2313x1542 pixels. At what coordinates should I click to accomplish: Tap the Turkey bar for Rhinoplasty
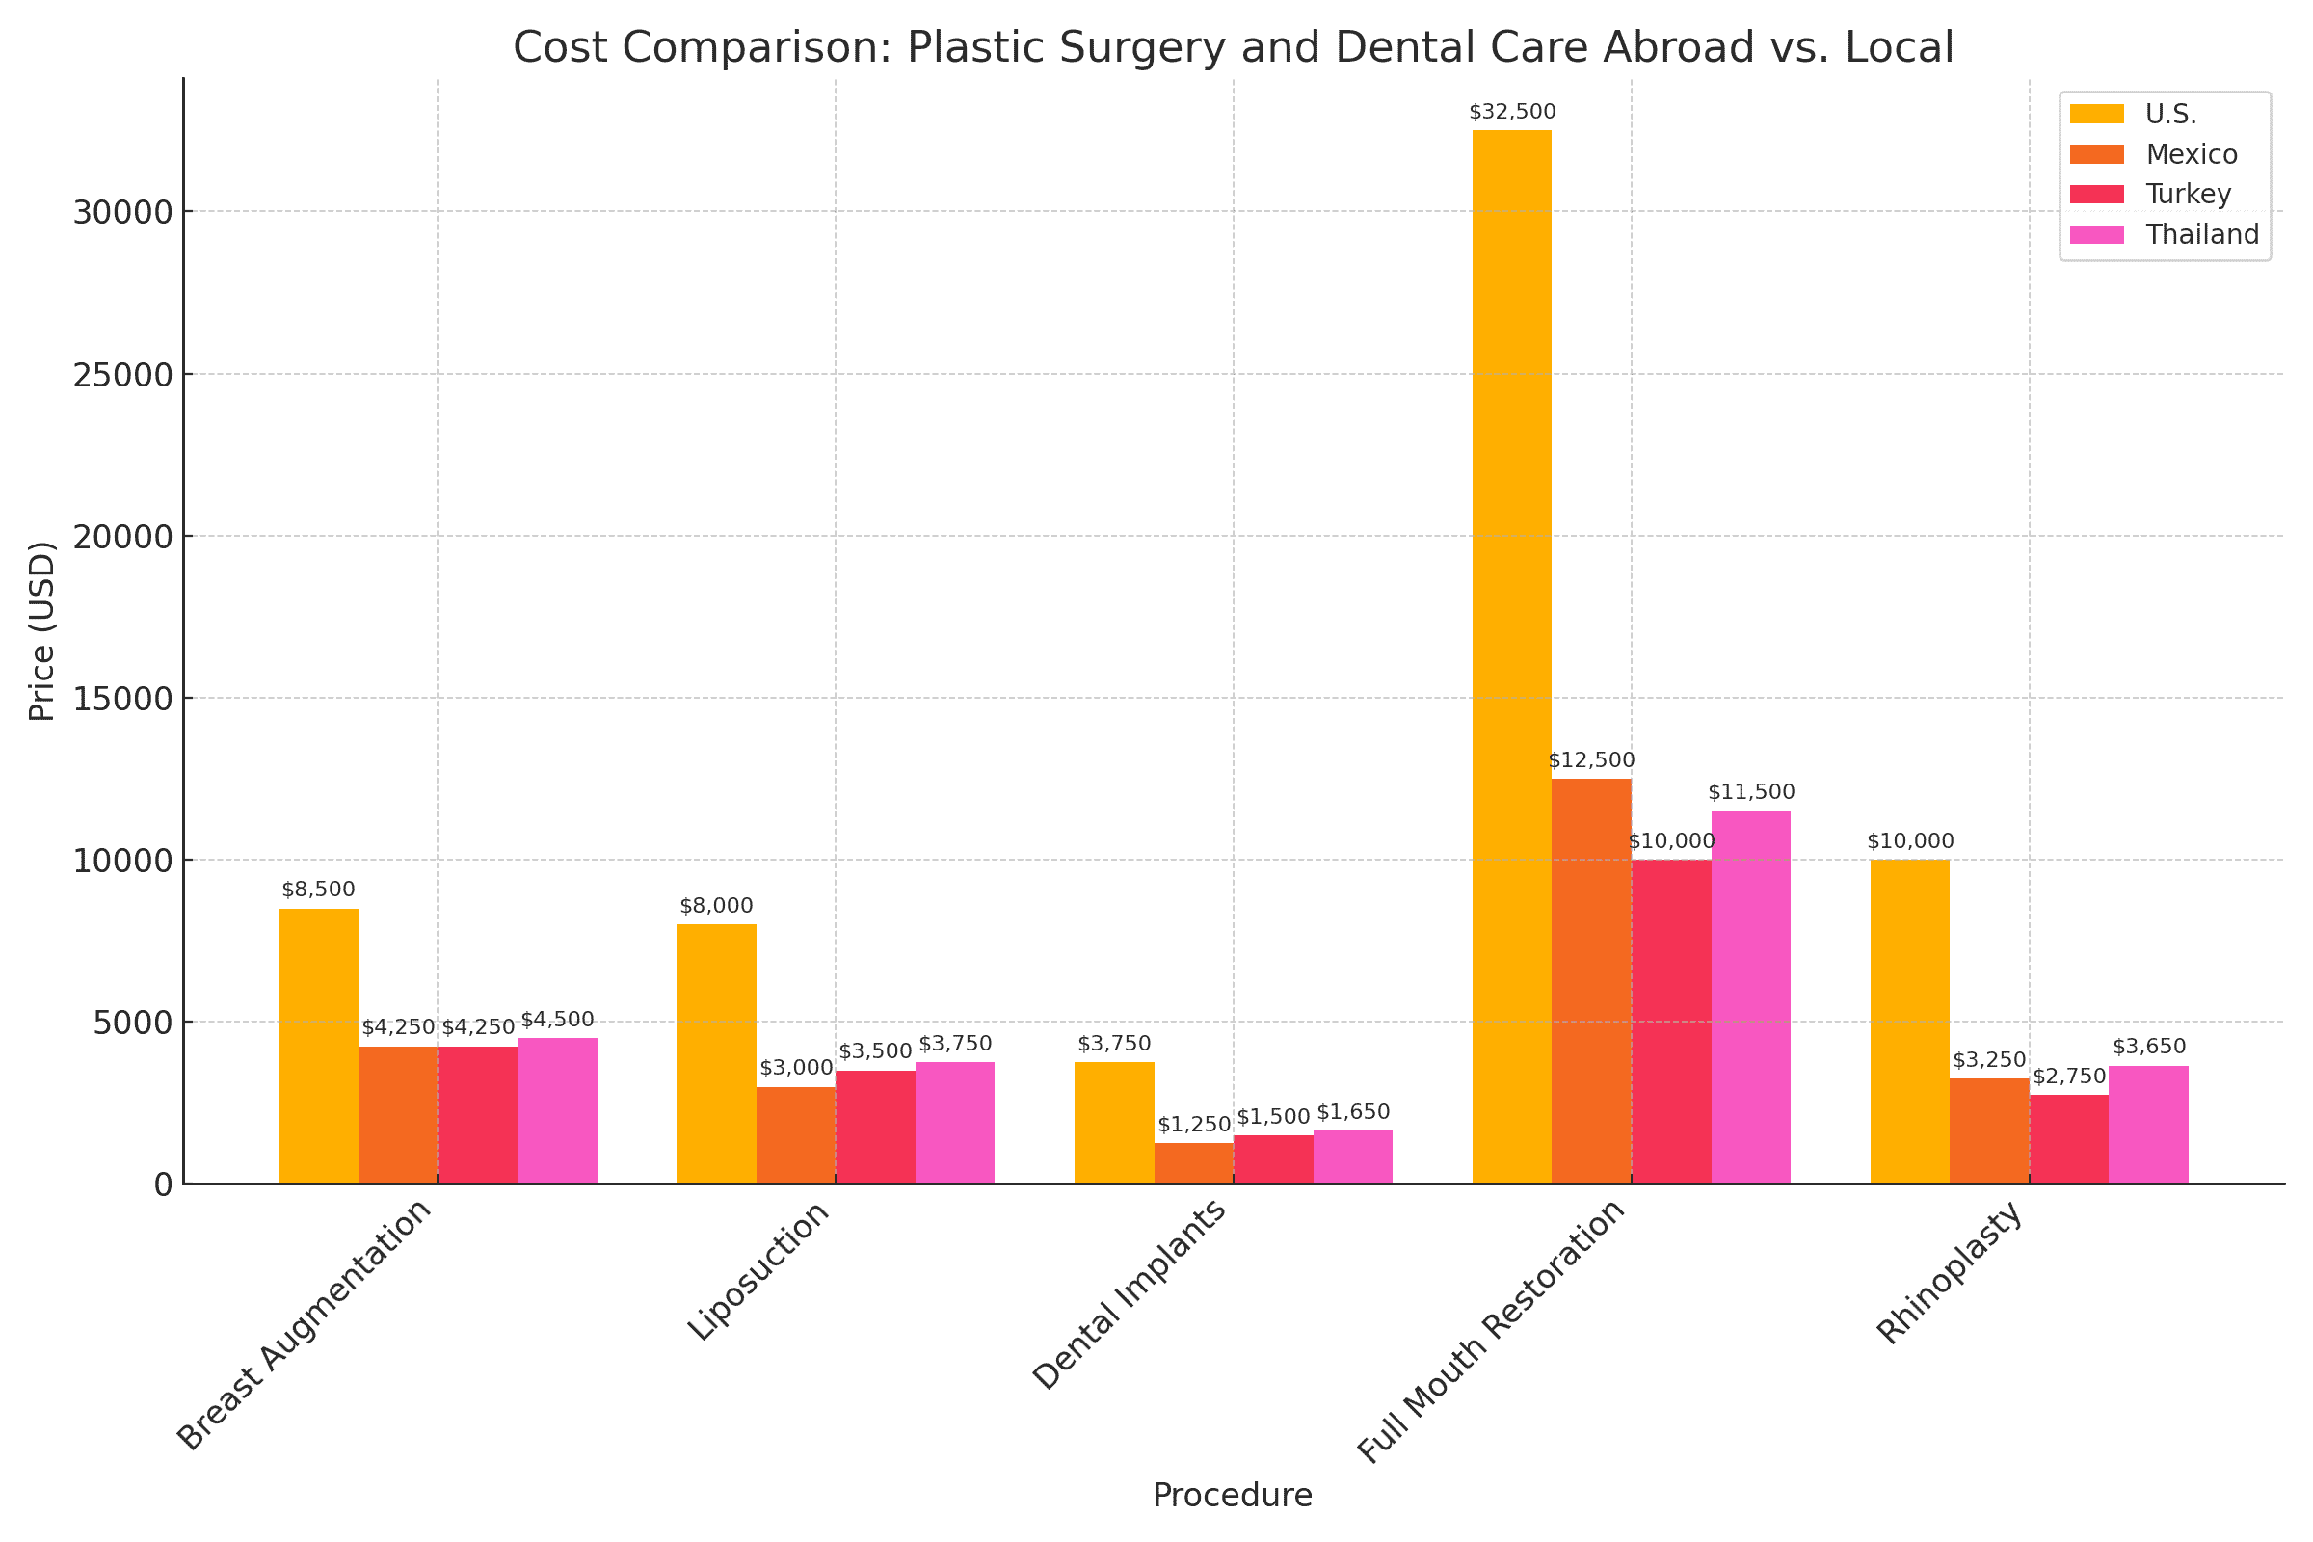pyautogui.click(x=2069, y=1140)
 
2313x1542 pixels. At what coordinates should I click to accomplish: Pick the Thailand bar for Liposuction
pyautogui.click(x=955, y=1123)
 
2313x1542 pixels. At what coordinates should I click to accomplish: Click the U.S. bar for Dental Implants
pyautogui.click(x=1114, y=1123)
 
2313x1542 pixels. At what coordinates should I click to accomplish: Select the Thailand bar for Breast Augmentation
pyautogui.click(x=557, y=1111)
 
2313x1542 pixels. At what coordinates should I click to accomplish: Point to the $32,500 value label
pyautogui.click(x=1512, y=112)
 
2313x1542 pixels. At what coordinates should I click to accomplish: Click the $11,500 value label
pyautogui.click(x=1751, y=792)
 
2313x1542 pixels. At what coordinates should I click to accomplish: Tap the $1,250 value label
pyautogui.click(x=1194, y=1125)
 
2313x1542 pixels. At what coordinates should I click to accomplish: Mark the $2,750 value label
pyautogui.click(x=2069, y=1077)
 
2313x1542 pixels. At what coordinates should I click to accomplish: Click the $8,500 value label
pyautogui.click(x=318, y=890)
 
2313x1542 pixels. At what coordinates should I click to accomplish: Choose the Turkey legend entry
pyautogui.click(x=2167, y=195)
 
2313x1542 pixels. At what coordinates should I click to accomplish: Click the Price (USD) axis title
pyautogui.click(x=41, y=630)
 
